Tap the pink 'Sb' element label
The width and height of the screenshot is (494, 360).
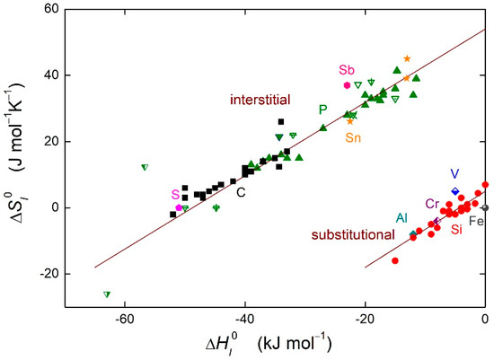(347, 70)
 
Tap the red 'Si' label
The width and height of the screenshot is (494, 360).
(456, 230)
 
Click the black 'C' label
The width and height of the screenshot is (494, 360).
(241, 191)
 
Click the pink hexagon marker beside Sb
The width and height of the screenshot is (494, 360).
(347, 85)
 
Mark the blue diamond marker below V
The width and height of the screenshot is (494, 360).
(454, 191)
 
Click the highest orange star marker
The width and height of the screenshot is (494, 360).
(407, 58)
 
